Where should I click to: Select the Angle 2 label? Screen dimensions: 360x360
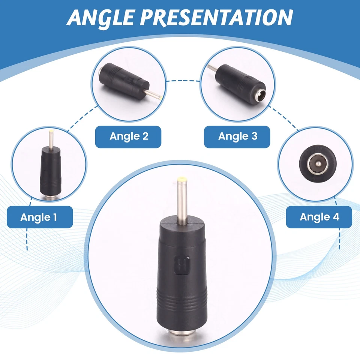tap(128, 136)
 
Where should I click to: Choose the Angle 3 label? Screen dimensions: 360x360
tap(237, 136)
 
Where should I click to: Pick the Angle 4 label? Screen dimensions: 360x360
tap(319, 217)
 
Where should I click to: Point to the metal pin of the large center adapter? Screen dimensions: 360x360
tap(182, 202)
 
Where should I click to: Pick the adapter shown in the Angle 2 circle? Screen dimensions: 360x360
tap(126, 80)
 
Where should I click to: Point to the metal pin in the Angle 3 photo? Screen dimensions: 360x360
tap(212, 68)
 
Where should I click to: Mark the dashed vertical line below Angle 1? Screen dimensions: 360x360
tap(27, 240)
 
